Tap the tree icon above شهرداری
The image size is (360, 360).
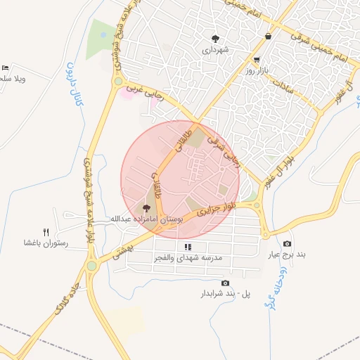215,39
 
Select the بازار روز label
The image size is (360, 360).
258,71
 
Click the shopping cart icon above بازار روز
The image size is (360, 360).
257,60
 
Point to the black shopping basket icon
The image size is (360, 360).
268,36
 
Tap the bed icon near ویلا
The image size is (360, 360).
6,67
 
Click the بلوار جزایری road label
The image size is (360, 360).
214,208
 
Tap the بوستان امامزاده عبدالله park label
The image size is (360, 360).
144,220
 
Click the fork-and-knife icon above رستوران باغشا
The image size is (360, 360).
46,232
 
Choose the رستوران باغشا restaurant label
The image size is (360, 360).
45,243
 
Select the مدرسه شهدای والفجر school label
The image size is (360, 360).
188,258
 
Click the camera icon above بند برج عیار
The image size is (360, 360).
286,244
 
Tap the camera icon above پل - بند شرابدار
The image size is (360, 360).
225,283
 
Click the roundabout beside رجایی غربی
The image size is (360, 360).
117,82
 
